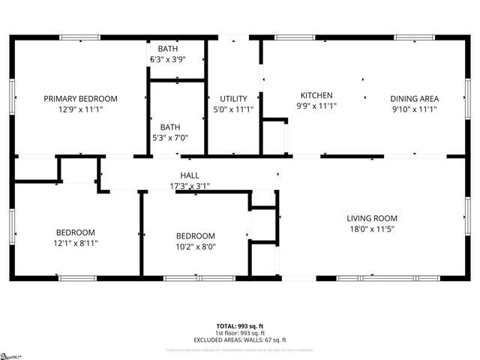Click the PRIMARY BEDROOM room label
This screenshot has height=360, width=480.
pos(80,98)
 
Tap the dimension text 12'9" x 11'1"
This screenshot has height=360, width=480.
pos(80,109)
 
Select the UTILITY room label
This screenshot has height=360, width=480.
pos(233,98)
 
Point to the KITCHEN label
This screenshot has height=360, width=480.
pos(316,95)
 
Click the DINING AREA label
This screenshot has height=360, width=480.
pos(414,98)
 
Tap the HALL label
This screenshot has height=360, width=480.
pos(189,175)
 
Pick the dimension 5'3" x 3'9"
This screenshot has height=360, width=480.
pos(168,59)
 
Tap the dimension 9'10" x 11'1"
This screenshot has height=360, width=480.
pos(414,109)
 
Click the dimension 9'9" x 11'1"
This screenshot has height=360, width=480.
pos(316,106)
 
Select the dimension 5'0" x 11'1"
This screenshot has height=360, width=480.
pos(233,109)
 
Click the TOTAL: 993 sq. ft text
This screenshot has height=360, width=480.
pos(240,326)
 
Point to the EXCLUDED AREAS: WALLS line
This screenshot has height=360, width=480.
pos(240,340)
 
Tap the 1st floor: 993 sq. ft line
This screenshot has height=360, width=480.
pos(240,333)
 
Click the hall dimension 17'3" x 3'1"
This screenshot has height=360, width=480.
pos(189,185)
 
